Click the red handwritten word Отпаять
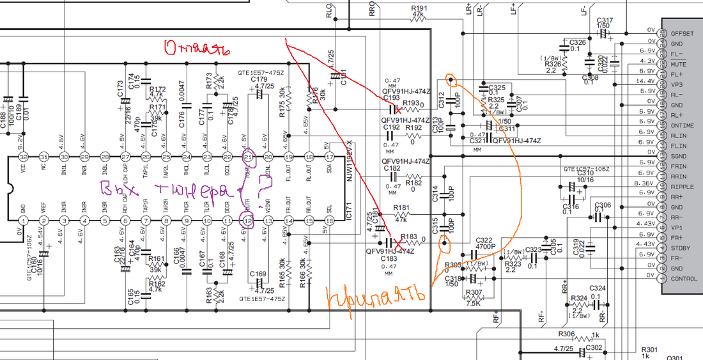(197, 49)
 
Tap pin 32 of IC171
(23, 157)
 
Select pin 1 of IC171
(23, 221)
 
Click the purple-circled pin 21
(248, 157)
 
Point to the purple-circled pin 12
(248, 221)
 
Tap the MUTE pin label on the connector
(679, 64)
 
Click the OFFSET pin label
(682, 33)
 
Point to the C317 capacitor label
(604, 20)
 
